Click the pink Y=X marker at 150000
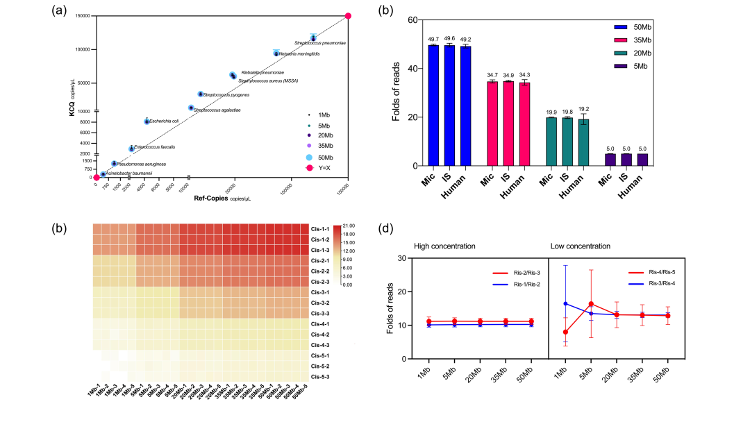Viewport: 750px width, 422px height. coord(349,16)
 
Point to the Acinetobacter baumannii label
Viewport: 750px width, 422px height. coord(128,173)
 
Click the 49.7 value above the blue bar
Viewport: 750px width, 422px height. coord(433,40)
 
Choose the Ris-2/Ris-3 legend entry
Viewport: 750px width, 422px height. coord(512,273)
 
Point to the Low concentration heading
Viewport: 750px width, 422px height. coord(581,246)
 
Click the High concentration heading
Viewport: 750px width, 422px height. coord(445,246)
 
